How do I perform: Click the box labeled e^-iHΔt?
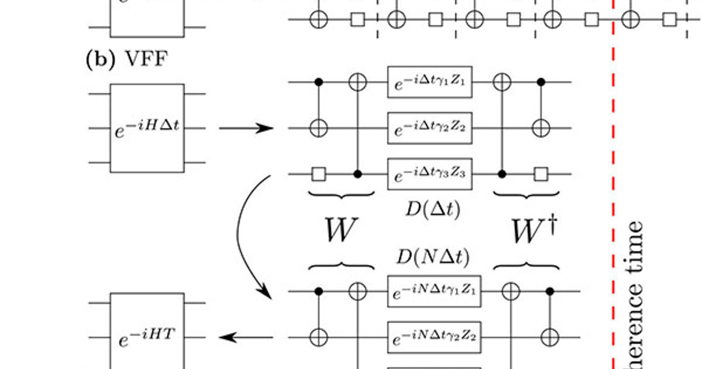(147, 128)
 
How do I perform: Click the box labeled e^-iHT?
(147, 337)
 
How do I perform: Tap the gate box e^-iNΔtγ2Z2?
(433, 337)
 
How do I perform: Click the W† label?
(533, 232)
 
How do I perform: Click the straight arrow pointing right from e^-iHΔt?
(246, 128)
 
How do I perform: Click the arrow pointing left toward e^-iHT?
(246, 337)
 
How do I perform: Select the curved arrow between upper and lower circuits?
(245, 234)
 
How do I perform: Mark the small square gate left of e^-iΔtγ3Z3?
(319, 174)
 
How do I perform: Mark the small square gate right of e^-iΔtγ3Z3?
(542, 174)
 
